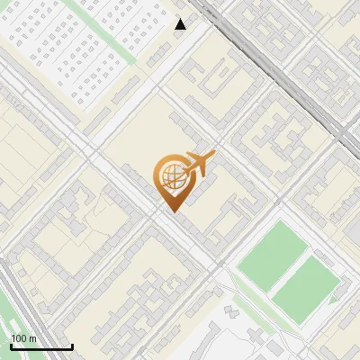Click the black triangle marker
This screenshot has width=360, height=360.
pos(181,24)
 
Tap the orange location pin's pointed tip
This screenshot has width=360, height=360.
pos(172,210)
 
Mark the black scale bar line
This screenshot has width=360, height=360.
pos(40,346)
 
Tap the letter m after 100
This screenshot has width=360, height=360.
pos(32,338)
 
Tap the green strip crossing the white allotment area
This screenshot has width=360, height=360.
pos(117,36)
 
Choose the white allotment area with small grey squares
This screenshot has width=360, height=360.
pos(72,45)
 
